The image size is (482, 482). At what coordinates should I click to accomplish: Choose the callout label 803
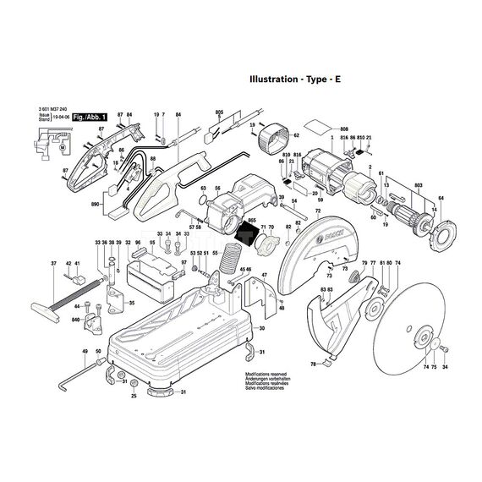pyautogui.click(x=419, y=185)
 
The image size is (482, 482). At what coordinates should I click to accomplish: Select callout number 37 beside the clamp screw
pyautogui.click(x=52, y=265)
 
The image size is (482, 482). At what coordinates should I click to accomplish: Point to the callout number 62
pyautogui.click(x=295, y=135)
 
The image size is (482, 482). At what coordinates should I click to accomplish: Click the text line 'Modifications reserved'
pyautogui.click(x=268, y=372)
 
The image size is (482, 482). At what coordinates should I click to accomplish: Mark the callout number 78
pyautogui.click(x=312, y=364)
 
